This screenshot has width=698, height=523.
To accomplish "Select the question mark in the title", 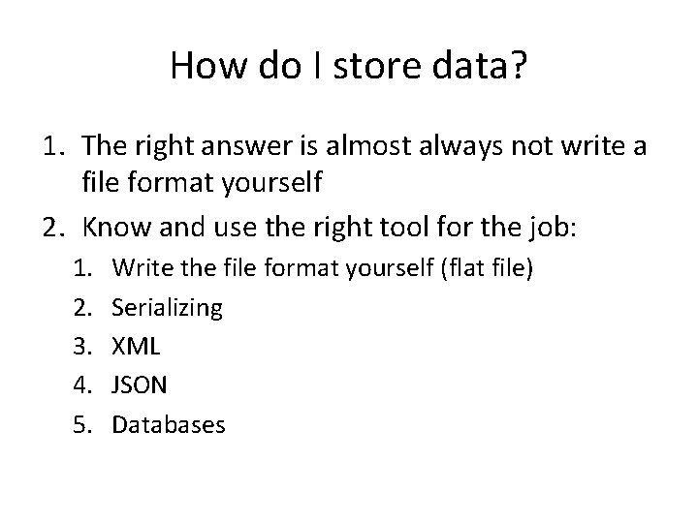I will pos(518,66).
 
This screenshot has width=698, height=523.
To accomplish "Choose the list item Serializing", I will pos(167,309).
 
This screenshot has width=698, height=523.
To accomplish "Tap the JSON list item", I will pos(140,385).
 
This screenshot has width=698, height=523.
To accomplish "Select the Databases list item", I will pos(169,424).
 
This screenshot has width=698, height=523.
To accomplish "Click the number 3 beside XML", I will pos(82,347).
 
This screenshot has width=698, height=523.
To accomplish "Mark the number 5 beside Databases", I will pos(82,424).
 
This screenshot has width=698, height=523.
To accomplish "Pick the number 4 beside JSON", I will pos(82,385).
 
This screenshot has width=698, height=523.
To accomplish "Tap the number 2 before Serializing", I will pos(82,309).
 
